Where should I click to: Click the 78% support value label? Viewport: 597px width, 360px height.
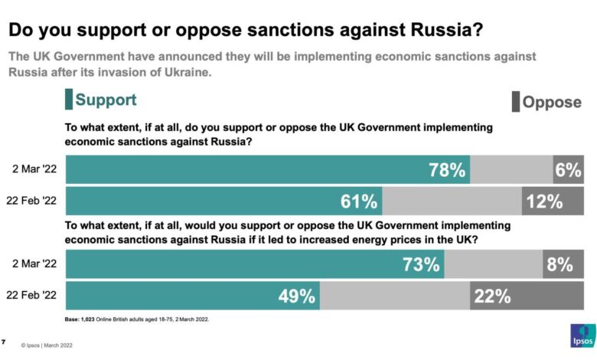446,170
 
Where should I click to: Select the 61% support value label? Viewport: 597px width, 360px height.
358,201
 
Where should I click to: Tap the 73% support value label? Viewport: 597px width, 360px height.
421,265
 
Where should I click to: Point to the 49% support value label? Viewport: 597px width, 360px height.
296,296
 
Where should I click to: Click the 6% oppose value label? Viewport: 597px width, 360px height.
568,170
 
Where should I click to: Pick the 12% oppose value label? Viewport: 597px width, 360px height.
543,201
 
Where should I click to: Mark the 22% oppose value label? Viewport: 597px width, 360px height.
491,296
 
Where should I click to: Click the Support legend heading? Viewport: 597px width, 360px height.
106,100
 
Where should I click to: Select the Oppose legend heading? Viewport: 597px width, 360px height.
551,102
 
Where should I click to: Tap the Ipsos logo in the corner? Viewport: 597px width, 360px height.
580,337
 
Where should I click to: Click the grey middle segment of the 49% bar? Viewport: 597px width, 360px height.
395,296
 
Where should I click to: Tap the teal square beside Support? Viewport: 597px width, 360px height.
69,100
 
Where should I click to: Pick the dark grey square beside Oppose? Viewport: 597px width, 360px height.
515,102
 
